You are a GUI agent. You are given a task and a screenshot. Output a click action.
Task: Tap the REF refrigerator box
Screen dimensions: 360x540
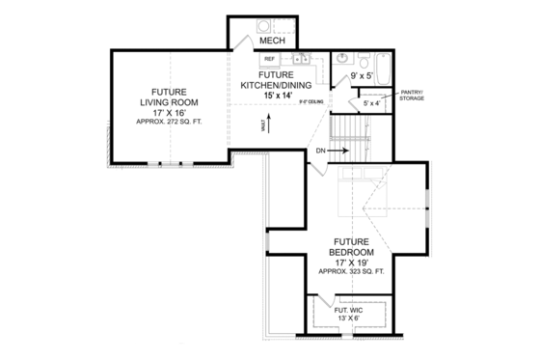pos(270,59)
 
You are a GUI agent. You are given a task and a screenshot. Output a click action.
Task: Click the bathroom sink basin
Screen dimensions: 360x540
pos(343,57)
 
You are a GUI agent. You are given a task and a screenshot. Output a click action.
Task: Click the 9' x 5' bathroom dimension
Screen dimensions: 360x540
pos(362,74)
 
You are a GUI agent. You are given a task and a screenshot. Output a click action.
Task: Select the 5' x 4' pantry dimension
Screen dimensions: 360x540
pos(370,103)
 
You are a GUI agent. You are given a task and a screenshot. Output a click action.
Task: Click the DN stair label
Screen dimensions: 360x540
pos(320,151)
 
